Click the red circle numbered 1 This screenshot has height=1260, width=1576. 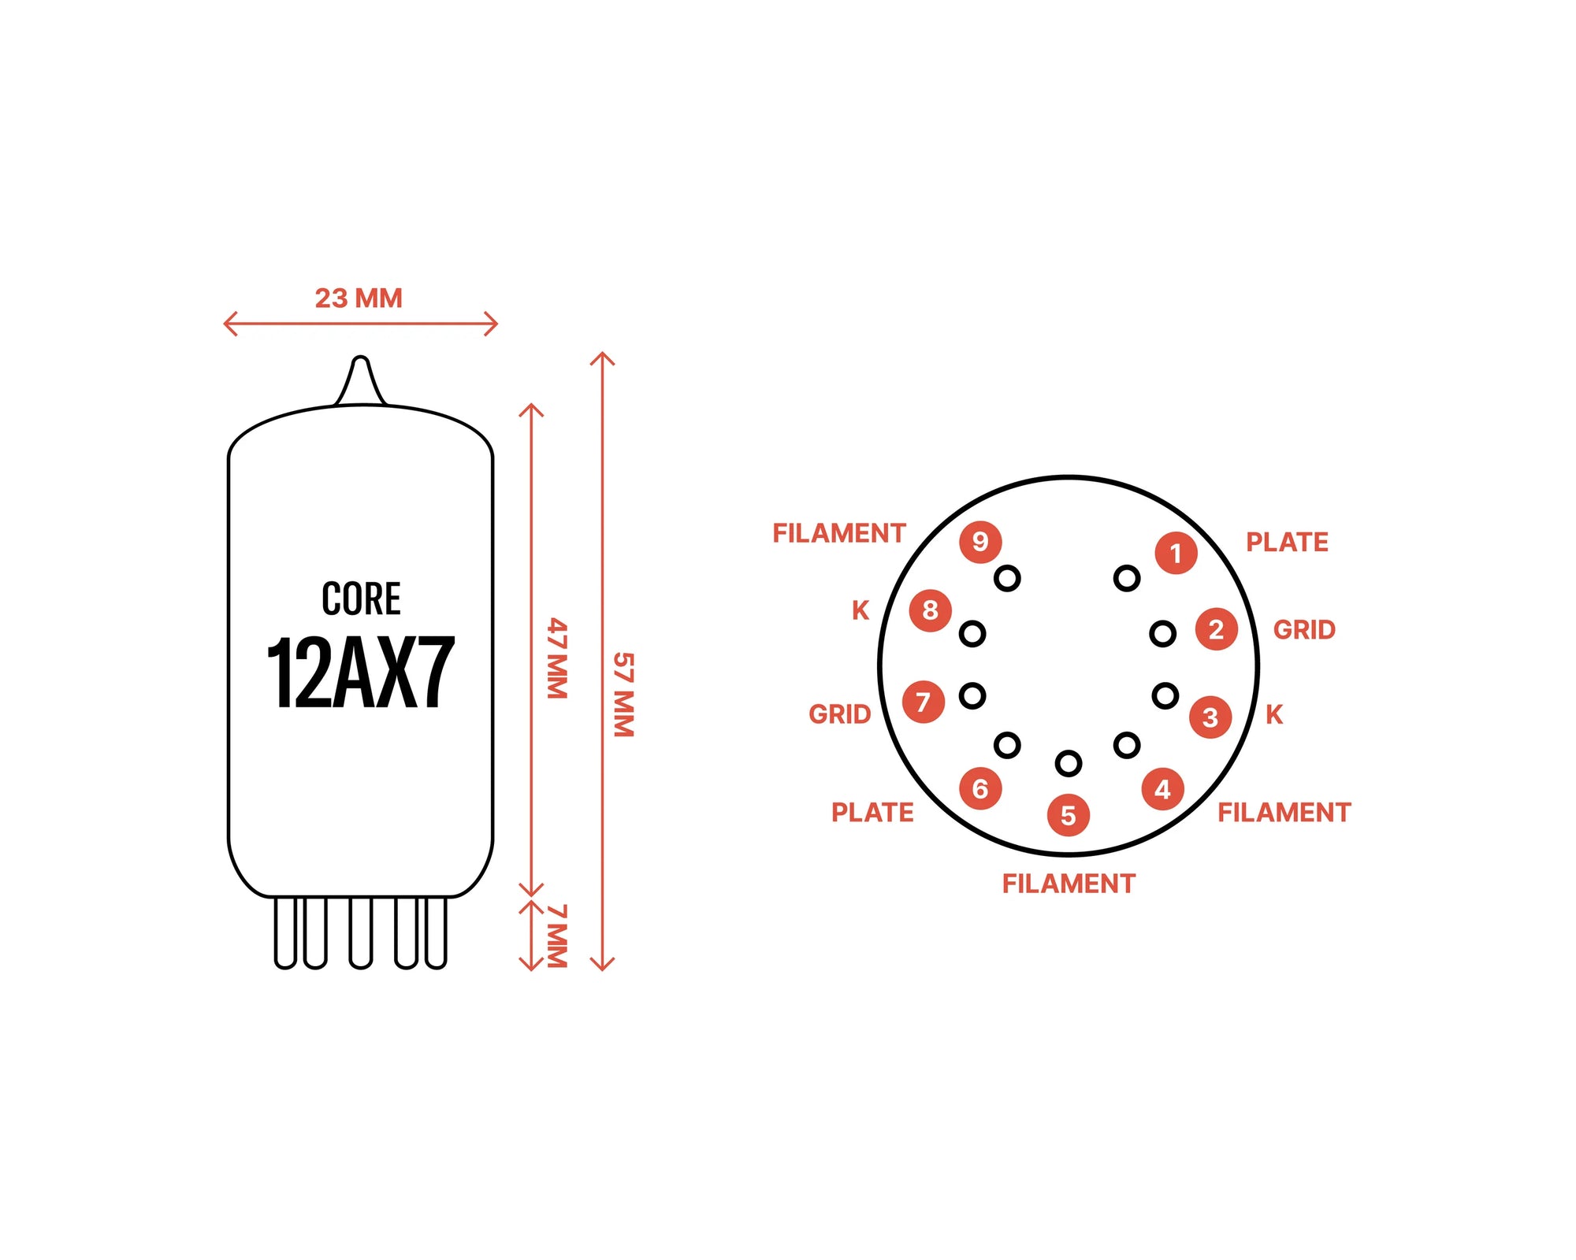[x=1176, y=553]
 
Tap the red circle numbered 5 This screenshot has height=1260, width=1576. [x=1068, y=815]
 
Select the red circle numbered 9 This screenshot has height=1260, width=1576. [x=979, y=542]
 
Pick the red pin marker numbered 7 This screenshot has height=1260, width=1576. [x=923, y=702]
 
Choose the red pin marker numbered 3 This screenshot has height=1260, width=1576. [x=1210, y=717]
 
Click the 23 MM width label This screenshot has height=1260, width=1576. [x=359, y=298]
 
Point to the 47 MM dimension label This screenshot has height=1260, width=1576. [x=557, y=658]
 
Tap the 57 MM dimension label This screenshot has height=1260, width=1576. [x=623, y=694]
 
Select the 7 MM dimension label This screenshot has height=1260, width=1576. [x=557, y=936]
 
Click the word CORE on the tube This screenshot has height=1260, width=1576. [x=361, y=598]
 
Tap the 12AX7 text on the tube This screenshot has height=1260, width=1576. [x=361, y=673]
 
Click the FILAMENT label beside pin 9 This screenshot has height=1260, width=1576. [x=838, y=533]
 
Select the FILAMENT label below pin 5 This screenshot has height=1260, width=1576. [x=1068, y=884]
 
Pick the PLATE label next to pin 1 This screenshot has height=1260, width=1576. [x=1287, y=542]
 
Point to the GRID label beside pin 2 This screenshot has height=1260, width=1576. [x=1304, y=630]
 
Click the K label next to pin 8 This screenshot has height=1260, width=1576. [x=860, y=610]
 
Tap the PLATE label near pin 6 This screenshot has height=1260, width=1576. [x=872, y=812]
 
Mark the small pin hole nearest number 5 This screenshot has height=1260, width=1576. [x=1068, y=762]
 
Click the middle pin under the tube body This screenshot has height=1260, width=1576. [x=360, y=933]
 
